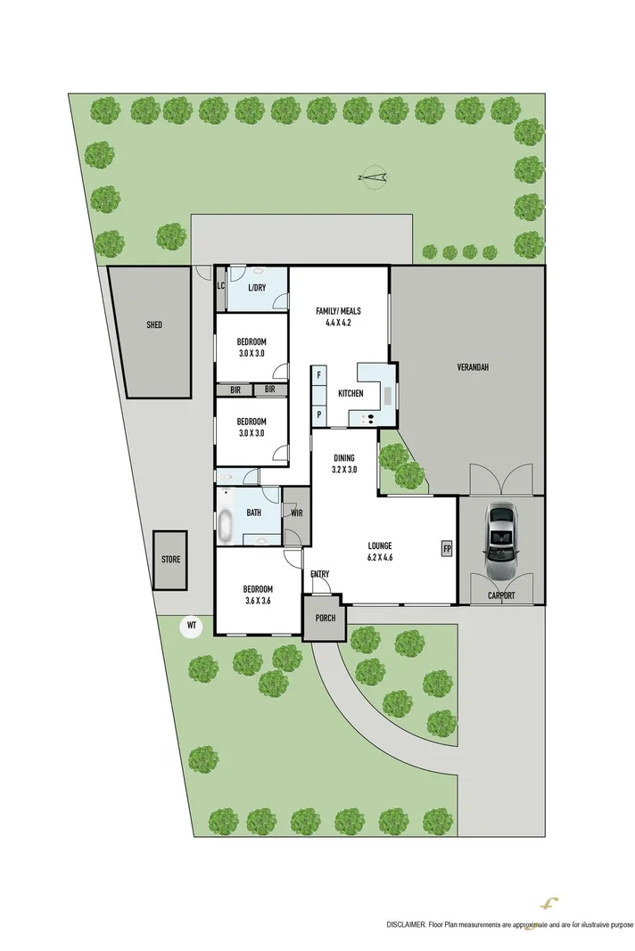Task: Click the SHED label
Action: tap(154, 326)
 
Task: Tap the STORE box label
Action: tap(170, 560)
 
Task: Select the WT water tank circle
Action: tap(190, 627)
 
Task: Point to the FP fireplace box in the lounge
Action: tap(446, 548)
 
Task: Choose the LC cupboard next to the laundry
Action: tap(220, 286)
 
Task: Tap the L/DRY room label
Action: tap(257, 287)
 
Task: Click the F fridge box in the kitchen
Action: tap(318, 376)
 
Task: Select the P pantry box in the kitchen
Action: tap(318, 414)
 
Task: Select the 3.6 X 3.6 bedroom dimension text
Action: tap(259, 601)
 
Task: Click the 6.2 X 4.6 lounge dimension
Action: tap(380, 558)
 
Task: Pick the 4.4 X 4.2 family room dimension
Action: tap(339, 324)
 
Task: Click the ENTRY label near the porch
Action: tap(320, 574)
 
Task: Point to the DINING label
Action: tap(344, 457)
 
